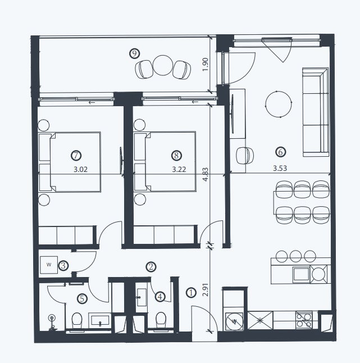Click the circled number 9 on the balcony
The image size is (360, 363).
(x=134, y=53)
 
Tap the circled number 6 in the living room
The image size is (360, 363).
(x=281, y=152)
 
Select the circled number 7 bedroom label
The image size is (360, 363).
(x=76, y=155)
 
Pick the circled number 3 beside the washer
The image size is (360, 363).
(x=63, y=266)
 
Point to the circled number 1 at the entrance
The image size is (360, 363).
(x=191, y=293)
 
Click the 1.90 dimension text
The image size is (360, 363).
(x=206, y=65)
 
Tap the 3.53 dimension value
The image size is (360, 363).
(x=280, y=168)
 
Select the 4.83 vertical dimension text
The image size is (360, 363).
(x=206, y=175)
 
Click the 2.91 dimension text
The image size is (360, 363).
(x=206, y=289)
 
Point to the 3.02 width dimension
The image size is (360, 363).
(x=80, y=170)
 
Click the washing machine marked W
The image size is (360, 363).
(x=49, y=265)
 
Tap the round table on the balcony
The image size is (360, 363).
(x=163, y=65)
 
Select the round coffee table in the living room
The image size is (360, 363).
(x=279, y=104)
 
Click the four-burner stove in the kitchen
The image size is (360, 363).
(x=304, y=320)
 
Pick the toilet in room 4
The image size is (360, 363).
(x=161, y=320)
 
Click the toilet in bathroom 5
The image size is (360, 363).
(x=77, y=320)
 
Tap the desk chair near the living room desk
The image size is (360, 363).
(x=244, y=156)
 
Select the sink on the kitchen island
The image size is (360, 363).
(x=301, y=275)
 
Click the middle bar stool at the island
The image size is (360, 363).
(x=295, y=256)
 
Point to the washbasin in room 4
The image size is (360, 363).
(x=142, y=297)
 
